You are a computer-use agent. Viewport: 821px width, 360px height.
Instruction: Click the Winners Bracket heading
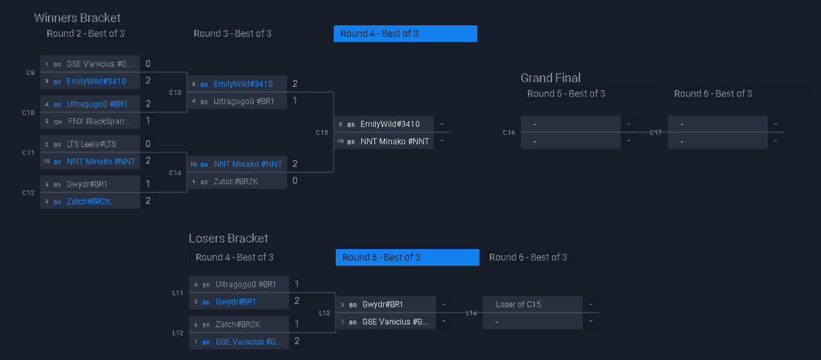point(77,18)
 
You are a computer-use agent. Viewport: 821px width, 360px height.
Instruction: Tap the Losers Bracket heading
point(229,238)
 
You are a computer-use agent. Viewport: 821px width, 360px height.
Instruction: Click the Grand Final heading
point(551,77)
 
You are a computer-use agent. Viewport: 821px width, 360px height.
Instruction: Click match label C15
point(322,133)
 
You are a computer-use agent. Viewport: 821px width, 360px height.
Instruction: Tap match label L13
point(325,313)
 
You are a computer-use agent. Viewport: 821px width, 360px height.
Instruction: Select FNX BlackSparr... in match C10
point(98,121)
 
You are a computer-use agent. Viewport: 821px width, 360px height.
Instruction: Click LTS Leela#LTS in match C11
point(92,144)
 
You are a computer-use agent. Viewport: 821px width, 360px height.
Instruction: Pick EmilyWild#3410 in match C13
point(243,83)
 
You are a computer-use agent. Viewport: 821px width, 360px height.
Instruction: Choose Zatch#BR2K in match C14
point(235,181)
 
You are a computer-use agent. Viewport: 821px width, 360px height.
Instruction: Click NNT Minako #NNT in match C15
point(395,142)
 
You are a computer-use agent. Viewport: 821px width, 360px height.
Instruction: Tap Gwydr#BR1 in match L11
point(235,301)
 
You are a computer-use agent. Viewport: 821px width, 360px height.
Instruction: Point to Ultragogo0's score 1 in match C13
point(294,101)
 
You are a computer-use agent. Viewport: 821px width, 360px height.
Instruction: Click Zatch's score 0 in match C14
point(294,181)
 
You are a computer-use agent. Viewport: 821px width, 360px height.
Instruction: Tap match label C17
point(655,133)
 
